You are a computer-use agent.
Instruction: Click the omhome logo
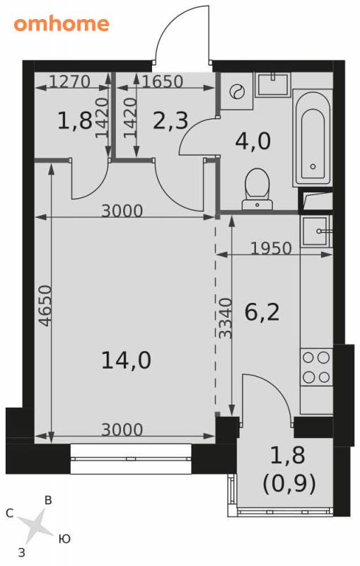pyautogui.click(x=62, y=24)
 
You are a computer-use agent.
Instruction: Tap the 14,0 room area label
pyautogui.click(x=126, y=360)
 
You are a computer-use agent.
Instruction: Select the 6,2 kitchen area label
pyautogui.click(x=262, y=312)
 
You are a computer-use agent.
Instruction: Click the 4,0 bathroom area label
pyautogui.click(x=252, y=141)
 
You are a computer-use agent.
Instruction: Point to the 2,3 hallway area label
pyautogui.click(x=170, y=120)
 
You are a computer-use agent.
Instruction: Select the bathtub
pyautogui.click(x=313, y=138)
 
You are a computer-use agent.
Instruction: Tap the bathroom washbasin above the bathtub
pyautogui.click(x=273, y=84)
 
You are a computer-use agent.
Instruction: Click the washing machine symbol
pyautogui.click(x=237, y=91)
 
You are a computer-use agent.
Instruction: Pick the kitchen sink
pyautogui.click(x=316, y=231)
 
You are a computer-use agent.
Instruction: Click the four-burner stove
pyautogui.click(x=316, y=367)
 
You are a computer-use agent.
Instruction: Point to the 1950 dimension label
pyautogui.click(x=271, y=248)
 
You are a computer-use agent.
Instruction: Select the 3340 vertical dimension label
pyautogui.click(x=226, y=318)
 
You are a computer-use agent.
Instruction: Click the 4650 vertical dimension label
pyautogui.click(x=46, y=306)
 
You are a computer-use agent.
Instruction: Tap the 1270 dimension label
pyautogui.click(x=69, y=81)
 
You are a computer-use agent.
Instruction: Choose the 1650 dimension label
pyautogui.click(x=163, y=81)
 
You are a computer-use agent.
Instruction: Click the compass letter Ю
pyautogui.click(x=64, y=539)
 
